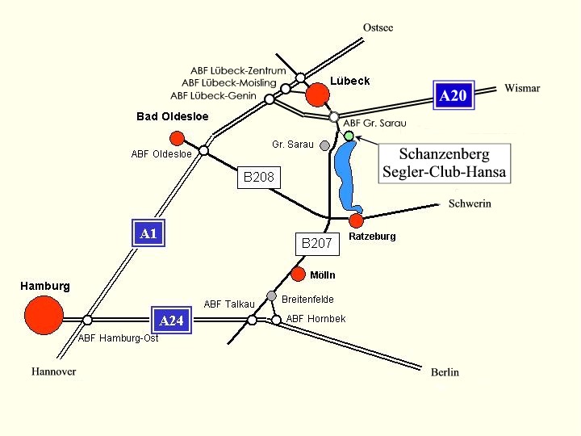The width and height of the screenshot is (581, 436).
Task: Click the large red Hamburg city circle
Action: tap(44, 315)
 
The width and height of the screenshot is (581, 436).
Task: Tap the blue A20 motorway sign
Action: tap(453, 96)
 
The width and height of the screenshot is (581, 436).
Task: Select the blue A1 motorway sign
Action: tap(148, 234)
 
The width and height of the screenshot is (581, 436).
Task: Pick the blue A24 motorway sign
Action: tap(172, 321)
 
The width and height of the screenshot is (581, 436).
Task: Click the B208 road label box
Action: tap(259, 177)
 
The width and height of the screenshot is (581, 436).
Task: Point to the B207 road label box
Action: tap(317, 242)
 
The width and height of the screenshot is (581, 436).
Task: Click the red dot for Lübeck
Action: tap(318, 94)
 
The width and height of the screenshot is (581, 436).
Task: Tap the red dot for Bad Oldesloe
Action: tap(178, 138)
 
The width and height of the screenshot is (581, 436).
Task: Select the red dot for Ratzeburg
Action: tap(357, 220)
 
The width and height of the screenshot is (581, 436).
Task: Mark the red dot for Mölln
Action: tap(299, 274)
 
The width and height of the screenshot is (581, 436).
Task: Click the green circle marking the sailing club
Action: tap(349, 136)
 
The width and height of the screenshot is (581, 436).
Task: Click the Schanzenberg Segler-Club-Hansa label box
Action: tap(445, 162)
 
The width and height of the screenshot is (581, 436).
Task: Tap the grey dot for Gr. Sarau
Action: tap(324, 146)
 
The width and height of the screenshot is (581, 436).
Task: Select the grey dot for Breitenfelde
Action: tap(272, 296)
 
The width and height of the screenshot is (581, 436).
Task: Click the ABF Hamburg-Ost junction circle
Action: tap(87, 321)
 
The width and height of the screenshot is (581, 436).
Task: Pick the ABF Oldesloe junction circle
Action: tap(204, 150)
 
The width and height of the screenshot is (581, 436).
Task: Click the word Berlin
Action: tap(445, 372)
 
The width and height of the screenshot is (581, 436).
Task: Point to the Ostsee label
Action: tap(378, 27)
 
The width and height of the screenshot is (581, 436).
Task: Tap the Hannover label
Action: tap(54, 371)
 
